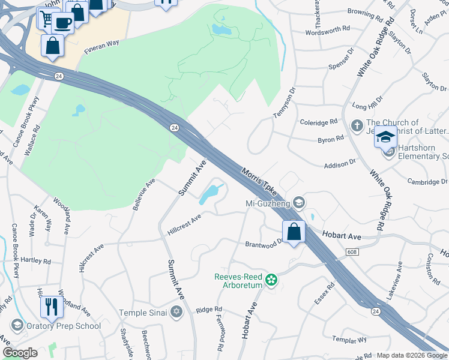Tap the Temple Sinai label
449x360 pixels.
[142, 312]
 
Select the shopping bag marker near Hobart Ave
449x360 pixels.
[294, 232]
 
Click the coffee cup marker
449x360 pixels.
[62, 23]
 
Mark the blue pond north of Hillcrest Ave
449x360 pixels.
[208, 194]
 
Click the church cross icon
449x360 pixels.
[356, 127]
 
